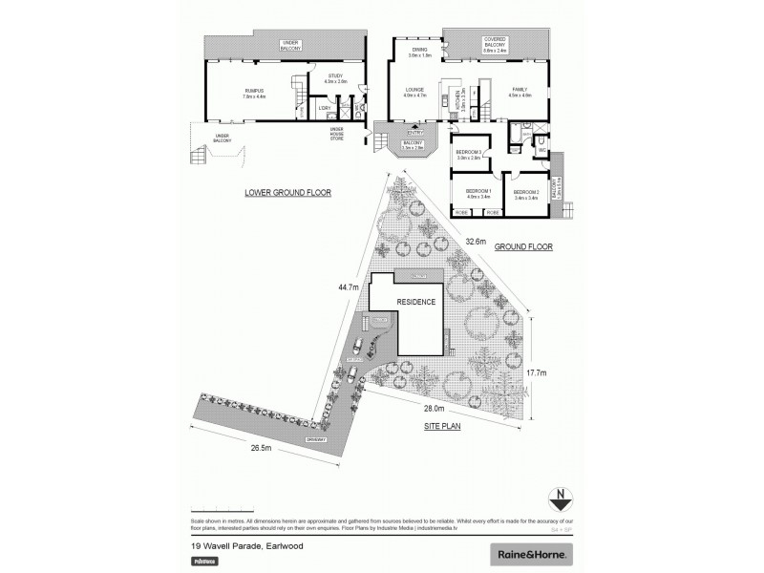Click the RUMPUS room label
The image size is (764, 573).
253,91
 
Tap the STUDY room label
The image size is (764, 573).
334,78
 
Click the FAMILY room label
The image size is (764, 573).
520,90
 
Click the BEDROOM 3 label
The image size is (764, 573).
468,155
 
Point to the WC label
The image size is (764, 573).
541,149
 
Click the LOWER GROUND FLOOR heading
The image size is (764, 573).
287,192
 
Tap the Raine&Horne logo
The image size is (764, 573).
531,553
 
